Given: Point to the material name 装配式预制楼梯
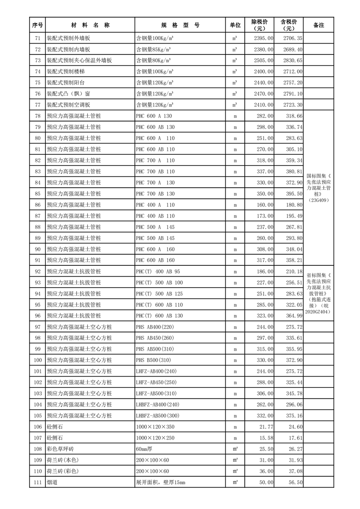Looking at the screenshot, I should [x=65, y=72].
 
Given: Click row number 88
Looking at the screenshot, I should [x=38, y=227].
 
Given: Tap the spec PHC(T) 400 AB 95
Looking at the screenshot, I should [x=158, y=271].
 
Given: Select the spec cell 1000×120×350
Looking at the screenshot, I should [x=155, y=426].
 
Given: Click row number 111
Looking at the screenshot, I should [x=38, y=482].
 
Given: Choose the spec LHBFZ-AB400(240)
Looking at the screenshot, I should [x=158, y=404].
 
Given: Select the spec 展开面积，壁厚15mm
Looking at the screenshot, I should [x=160, y=482].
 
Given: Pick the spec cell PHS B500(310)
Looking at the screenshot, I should [x=153, y=360].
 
